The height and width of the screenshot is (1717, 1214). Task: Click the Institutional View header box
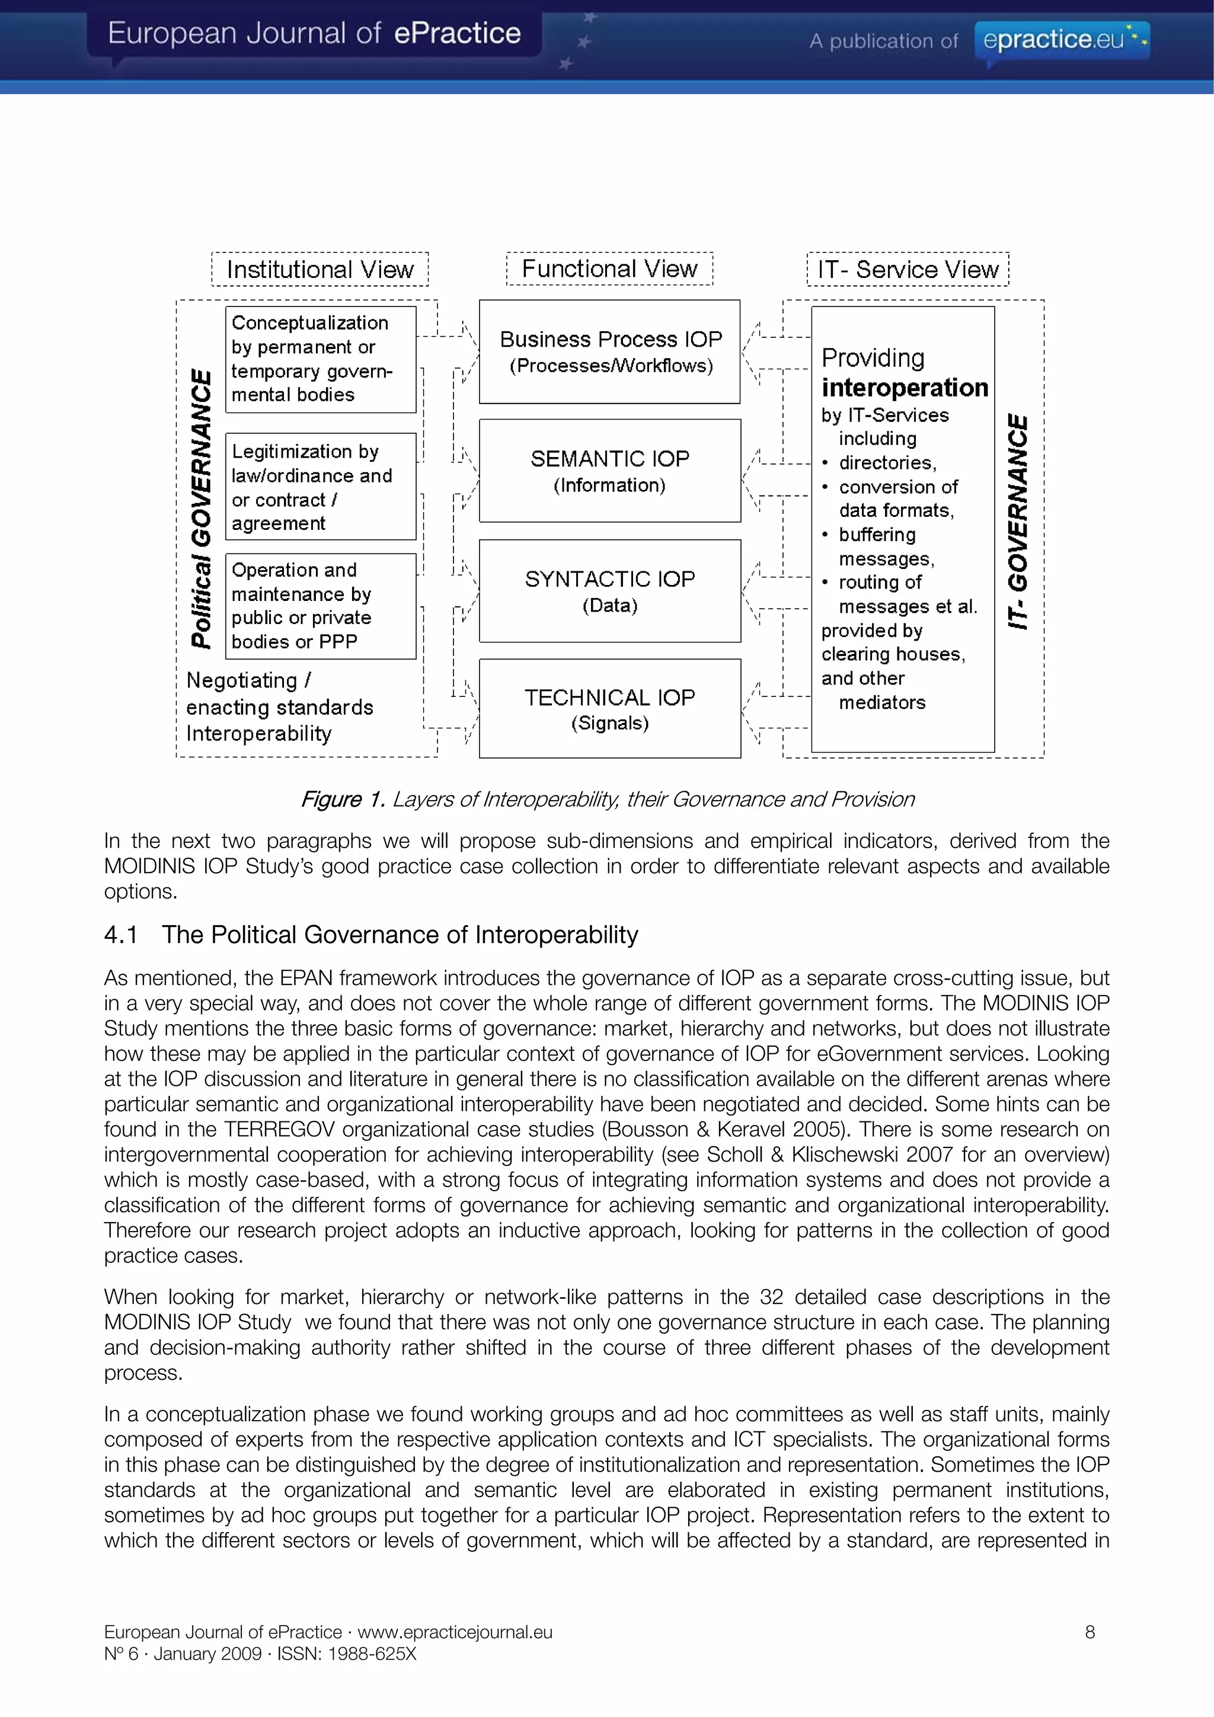pos(320,269)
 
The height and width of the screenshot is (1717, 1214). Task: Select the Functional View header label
pos(609,268)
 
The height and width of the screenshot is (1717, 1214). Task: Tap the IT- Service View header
pos(908,269)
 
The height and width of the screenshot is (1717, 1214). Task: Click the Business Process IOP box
pos(609,351)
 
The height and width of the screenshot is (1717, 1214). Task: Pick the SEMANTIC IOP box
pos(609,471)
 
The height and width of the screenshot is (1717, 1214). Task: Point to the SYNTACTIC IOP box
pos(609,591)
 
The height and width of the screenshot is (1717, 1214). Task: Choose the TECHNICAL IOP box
pos(609,708)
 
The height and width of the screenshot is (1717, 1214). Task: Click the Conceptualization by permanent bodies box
pos(320,359)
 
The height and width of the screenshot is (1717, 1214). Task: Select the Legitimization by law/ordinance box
pos(320,487)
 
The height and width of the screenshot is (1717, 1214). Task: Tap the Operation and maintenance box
pos(320,606)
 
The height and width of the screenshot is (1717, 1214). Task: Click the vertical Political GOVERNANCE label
pos(200,509)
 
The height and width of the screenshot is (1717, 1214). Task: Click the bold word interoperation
pos(905,388)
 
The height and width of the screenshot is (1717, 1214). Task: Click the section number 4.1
pos(120,935)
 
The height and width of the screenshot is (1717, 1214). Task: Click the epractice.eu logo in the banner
pos(1062,39)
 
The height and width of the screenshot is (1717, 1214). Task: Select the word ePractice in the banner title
pos(457,33)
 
